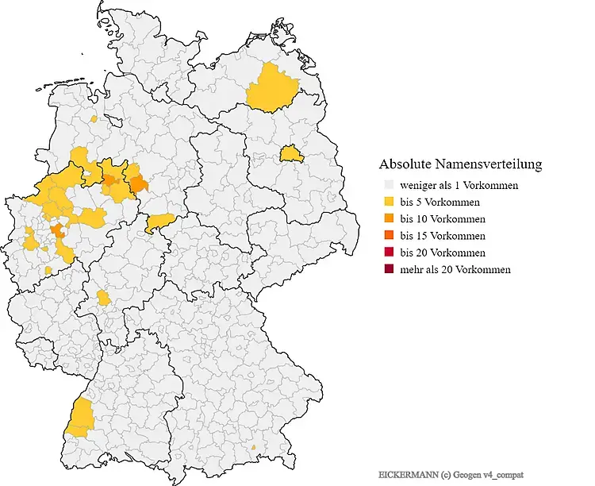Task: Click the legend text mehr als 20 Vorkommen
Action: [x=455, y=269]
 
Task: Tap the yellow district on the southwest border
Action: [x=79, y=418]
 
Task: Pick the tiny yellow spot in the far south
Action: [x=253, y=448]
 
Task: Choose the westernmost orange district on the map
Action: [x=57, y=231]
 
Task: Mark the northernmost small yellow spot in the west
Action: [x=94, y=119]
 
